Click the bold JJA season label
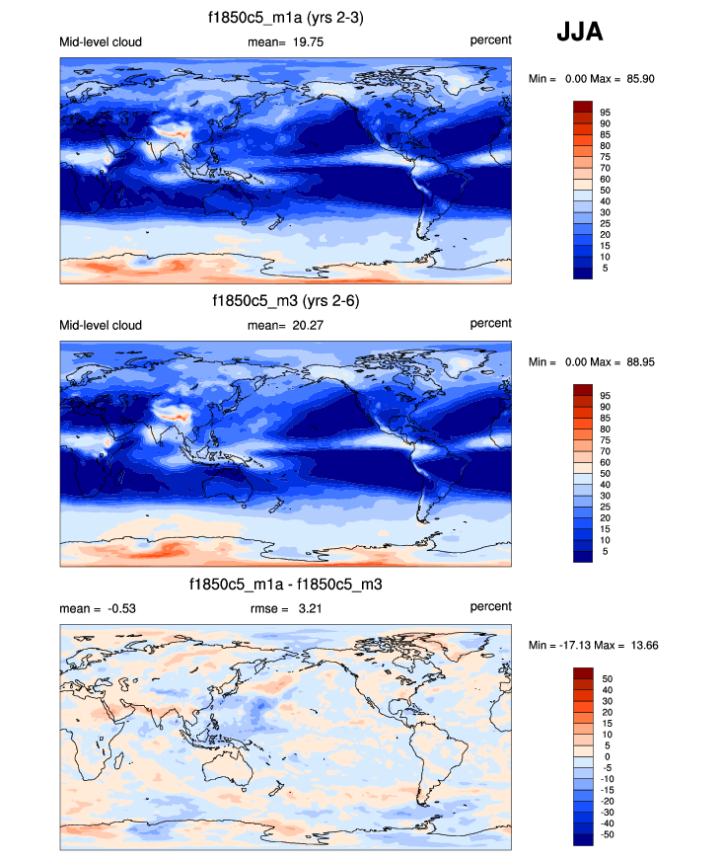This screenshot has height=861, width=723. (579, 33)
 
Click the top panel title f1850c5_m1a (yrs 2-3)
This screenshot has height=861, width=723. (285, 18)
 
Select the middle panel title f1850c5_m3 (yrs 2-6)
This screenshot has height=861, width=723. (285, 301)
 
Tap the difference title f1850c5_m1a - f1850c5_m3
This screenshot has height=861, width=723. (285, 585)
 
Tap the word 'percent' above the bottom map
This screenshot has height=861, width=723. (490, 606)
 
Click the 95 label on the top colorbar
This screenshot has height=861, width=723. (605, 113)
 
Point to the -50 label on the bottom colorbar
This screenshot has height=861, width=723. (607, 834)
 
